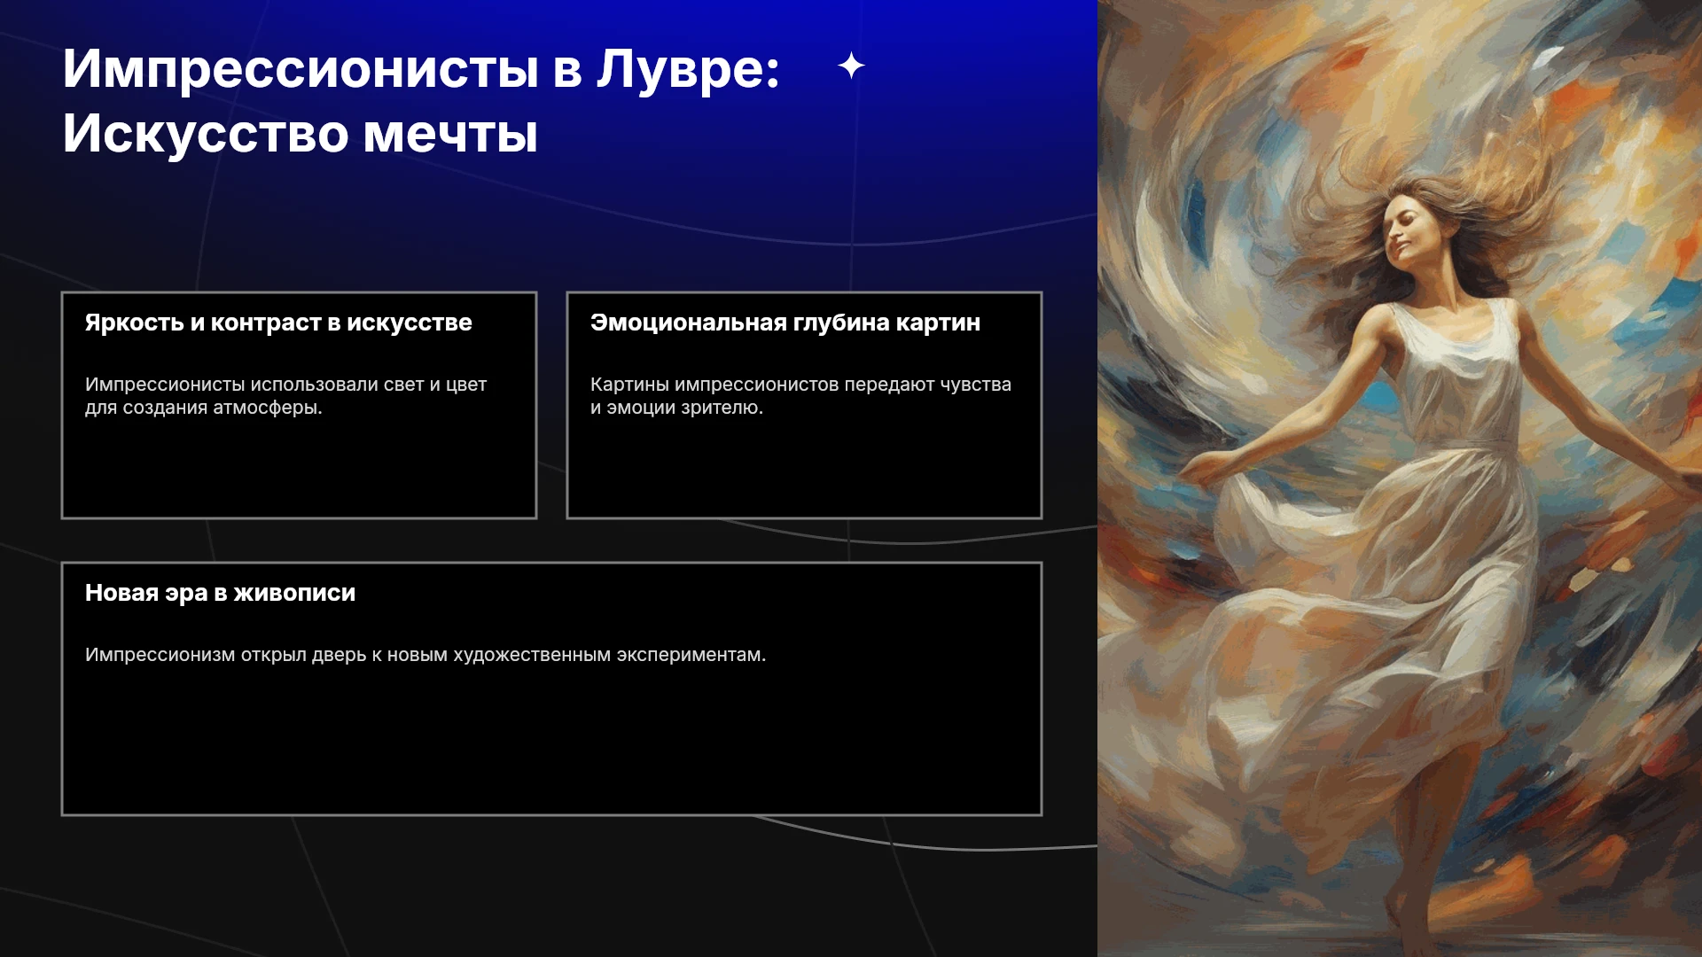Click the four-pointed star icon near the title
click(851, 66)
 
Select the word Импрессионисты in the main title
click(301, 68)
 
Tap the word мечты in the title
click(450, 134)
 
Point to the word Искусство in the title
click(206, 134)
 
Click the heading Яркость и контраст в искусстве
click(278, 323)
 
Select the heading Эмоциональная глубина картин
click(785, 323)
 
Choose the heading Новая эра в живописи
click(220, 593)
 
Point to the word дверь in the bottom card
click(339, 655)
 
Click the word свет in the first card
click(403, 385)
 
